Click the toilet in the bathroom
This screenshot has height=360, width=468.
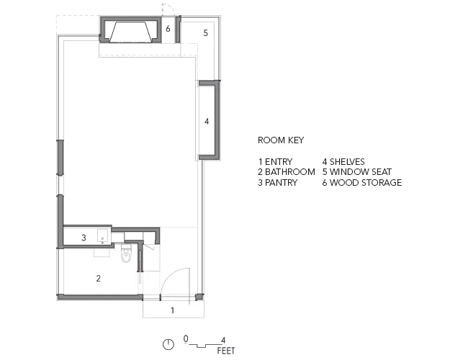[126, 253]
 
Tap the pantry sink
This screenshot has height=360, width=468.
[103, 235]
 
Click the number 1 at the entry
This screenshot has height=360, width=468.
[172, 310]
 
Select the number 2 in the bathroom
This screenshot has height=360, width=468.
[98, 278]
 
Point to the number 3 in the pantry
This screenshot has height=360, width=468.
[84, 238]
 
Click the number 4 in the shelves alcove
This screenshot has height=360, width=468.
[207, 121]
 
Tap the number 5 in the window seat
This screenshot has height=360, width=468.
[206, 33]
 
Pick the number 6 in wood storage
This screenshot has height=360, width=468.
[168, 29]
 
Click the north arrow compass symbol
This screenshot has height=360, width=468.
[168, 344]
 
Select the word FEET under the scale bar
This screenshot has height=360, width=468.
[226, 351]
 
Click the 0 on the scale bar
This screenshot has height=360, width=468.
[186, 339]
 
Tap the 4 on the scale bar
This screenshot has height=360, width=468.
[223, 340]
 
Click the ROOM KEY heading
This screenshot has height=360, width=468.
[281, 140]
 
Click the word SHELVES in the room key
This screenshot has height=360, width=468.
[347, 162]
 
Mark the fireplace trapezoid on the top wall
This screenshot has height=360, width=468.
[129, 32]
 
